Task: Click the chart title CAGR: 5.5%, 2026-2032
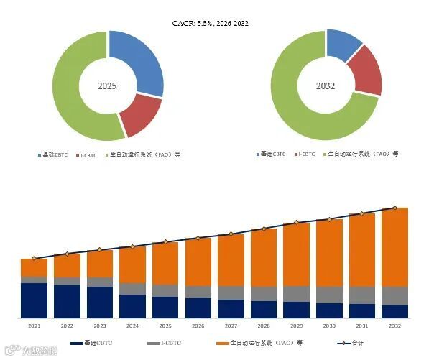[214, 23]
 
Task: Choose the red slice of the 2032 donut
[366, 72]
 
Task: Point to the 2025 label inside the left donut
[107, 86]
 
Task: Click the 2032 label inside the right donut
[326, 86]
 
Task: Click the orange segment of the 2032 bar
[395, 246]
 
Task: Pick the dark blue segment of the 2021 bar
[34, 300]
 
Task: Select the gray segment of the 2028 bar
[264, 293]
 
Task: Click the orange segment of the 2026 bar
[198, 262]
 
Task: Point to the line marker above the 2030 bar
[329, 220]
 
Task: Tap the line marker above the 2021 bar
[34, 258]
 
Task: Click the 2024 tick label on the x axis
[132, 326]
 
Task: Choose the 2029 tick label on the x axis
[296, 326]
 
